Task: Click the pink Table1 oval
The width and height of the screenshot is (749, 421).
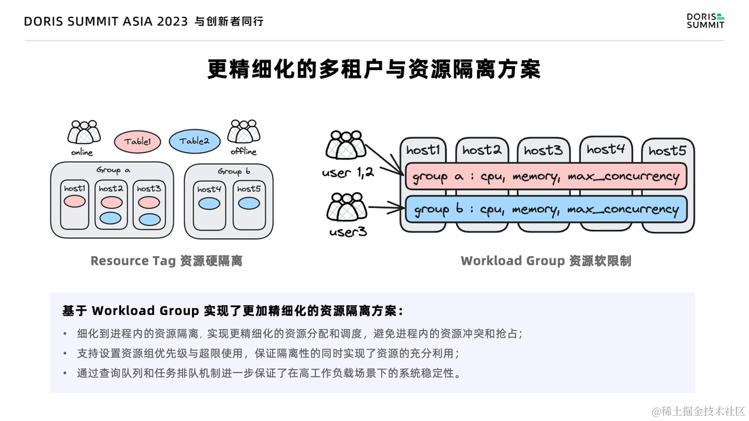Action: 137,141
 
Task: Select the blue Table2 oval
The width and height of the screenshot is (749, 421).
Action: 194,141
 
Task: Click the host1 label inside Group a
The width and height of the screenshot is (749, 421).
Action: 75,188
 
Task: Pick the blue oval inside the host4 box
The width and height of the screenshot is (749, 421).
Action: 209,203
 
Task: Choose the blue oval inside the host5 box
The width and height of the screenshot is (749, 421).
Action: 249,203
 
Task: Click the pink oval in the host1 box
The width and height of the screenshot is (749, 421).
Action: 75,202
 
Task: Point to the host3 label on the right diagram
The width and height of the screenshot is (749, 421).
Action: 543,150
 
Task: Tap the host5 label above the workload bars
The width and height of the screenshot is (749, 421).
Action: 667,151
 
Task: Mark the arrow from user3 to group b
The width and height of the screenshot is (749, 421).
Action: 386,208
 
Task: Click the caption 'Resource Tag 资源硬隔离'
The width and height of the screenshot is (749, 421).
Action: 166,261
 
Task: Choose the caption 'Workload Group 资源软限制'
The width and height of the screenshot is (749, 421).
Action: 545,261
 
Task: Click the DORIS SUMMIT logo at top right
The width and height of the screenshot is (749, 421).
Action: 705,21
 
